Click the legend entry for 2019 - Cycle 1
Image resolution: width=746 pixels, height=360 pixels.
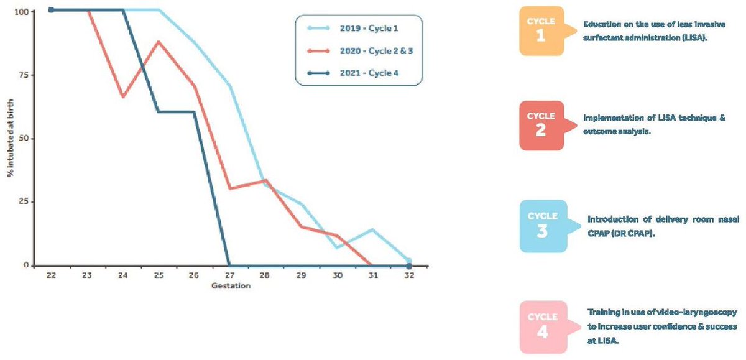tap(358, 28)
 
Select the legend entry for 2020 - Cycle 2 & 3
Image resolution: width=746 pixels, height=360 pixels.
tap(358, 50)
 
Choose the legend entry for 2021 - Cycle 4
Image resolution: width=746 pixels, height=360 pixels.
tap(358, 73)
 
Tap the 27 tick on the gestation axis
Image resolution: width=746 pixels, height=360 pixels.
tap(230, 275)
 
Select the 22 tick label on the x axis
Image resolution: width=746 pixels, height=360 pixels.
tap(51, 275)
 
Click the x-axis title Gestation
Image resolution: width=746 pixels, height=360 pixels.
tap(230, 287)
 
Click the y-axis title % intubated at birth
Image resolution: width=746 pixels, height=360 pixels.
tap(11, 138)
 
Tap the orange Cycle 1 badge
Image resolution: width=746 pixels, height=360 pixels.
tap(541, 32)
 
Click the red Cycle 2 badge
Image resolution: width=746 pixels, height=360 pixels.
tap(541, 126)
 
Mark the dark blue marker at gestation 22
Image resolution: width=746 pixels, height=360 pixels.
tap(51, 10)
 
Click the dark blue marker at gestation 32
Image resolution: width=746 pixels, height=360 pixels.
tap(408, 265)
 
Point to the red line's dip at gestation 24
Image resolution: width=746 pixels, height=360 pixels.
tap(123, 97)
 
